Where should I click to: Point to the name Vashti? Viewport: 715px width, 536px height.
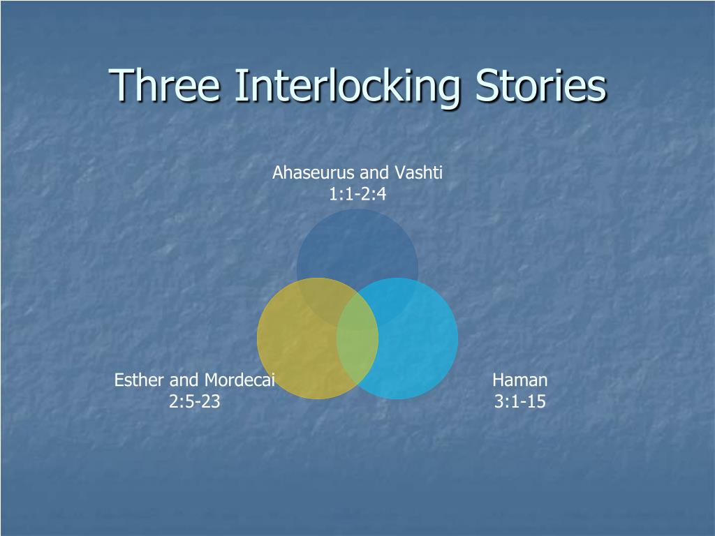(x=420, y=172)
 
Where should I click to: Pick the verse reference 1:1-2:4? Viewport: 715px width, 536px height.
(x=357, y=194)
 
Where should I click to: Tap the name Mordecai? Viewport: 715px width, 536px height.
(x=239, y=380)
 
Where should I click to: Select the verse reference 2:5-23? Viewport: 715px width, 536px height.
(x=195, y=402)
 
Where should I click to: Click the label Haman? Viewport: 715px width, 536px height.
(x=519, y=380)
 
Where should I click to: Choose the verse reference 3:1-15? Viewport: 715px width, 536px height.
(x=519, y=402)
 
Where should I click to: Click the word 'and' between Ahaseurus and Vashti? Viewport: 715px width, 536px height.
(x=375, y=172)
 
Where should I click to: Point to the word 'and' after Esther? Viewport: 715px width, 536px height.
(x=184, y=380)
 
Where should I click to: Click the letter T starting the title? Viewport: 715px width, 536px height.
(x=121, y=86)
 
